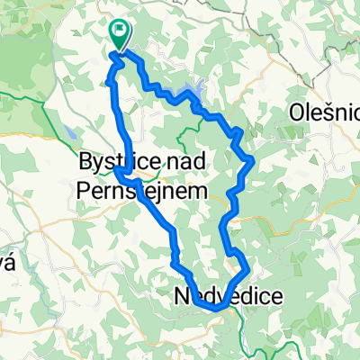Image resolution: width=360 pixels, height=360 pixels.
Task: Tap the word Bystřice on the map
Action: pos(106,163)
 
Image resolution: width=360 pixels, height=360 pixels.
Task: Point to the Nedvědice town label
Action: pos(221,296)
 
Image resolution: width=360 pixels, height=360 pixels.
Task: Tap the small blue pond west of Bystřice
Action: pos(69,134)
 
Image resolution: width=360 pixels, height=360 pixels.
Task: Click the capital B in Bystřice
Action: pos(85,163)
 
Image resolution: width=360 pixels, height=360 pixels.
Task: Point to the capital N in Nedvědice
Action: pos(180,296)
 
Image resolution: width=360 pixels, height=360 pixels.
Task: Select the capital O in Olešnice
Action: pos(298,112)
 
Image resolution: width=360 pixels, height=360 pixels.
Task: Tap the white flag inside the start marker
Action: pos(120,31)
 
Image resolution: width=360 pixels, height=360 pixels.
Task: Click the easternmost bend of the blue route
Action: pos(256,161)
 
